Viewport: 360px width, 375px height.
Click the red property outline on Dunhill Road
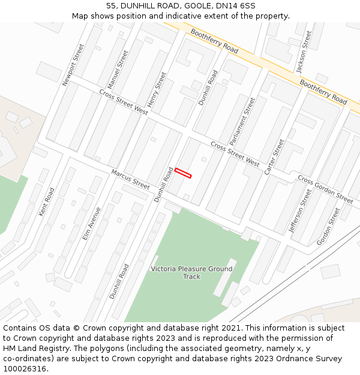tap(183, 173)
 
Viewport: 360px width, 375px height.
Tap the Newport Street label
tap(74, 65)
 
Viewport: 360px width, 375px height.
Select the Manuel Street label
tap(118, 70)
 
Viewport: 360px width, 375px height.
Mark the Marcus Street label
tap(130, 179)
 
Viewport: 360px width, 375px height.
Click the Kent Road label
tap(46, 202)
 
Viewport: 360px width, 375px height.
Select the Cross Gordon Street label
tap(325, 189)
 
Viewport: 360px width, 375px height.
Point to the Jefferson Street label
tap(301, 211)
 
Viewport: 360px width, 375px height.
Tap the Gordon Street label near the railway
tap(328, 226)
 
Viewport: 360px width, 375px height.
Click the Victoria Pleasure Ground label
tap(191, 269)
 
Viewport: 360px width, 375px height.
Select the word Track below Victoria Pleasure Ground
tap(191, 277)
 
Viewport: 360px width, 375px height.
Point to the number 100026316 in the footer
tap(25, 368)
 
